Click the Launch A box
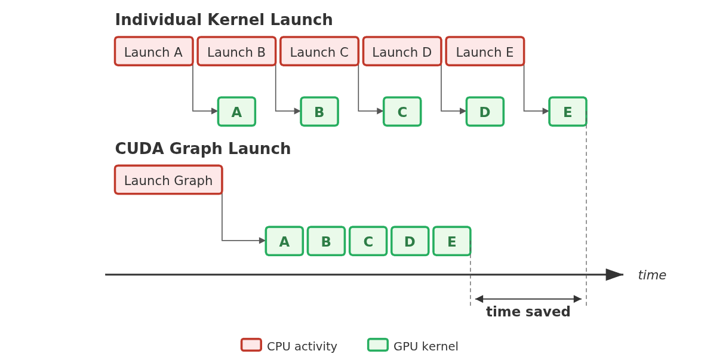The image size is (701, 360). click(x=154, y=51)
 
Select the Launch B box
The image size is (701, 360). click(x=236, y=51)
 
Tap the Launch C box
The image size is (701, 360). click(x=319, y=51)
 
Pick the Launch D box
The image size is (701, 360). click(x=402, y=51)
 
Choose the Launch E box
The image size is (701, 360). click(x=485, y=51)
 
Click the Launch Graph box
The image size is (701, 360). click(x=168, y=180)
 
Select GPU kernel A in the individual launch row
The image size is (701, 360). click(x=236, y=112)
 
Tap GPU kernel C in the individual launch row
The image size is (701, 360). click(x=402, y=112)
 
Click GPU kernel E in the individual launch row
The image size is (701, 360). click(x=568, y=112)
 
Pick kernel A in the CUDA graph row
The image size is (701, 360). click(x=284, y=241)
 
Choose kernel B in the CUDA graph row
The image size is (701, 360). click(x=327, y=241)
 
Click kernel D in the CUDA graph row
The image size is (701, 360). click(x=410, y=241)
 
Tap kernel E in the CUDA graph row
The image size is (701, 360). click(x=452, y=241)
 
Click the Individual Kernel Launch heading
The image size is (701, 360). click(x=224, y=20)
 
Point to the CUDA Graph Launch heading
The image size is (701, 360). click(x=203, y=149)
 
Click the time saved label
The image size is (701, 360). click(x=528, y=312)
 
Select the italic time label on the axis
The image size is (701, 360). click(x=652, y=275)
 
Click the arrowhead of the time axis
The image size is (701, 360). click(x=614, y=275)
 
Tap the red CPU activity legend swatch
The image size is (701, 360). click(x=251, y=345)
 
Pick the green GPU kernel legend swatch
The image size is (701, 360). click(x=378, y=345)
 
